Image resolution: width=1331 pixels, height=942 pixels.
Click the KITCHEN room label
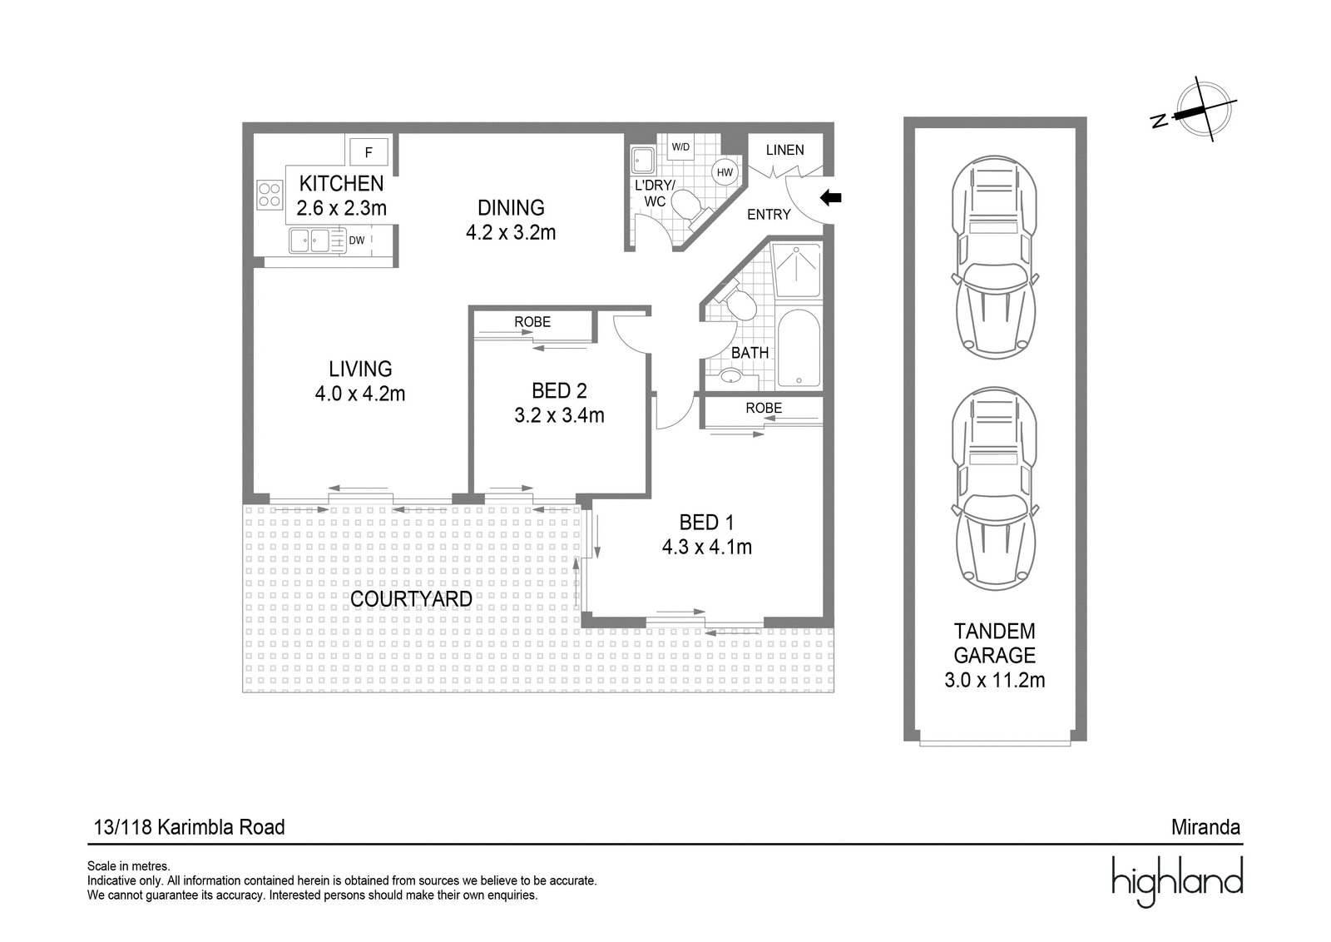tap(341, 184)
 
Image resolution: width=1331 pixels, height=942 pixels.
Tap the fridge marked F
tap(369, 152)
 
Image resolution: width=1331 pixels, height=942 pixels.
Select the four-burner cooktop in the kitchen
tap(270, 195)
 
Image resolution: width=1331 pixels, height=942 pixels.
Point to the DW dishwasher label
tap(357, 240)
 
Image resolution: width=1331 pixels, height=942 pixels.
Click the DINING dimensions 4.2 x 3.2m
tap(511, 232)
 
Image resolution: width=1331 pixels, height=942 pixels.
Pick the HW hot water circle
tap(725, 173)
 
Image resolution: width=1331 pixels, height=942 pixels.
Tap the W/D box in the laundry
tap(680, 146)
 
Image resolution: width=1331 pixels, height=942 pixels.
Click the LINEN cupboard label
tap(784, 151)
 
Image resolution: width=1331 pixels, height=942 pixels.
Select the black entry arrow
tap(831, 198)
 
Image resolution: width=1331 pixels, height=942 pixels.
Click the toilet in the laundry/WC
tap(690, 207)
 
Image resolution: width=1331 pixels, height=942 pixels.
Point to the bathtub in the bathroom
tap(799, 349)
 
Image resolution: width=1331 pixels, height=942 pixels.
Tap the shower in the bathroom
tap(796, 270)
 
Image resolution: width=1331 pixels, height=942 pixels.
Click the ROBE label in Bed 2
tap(532, 322)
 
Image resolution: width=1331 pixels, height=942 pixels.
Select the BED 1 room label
tap(706, 523)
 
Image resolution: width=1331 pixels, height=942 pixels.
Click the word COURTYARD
tap(411, 599)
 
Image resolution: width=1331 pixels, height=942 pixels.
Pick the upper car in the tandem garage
tap(995, 257)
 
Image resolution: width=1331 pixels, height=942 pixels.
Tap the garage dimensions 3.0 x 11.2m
tap(995, 680)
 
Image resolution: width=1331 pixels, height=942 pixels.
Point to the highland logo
tap(1177, 881)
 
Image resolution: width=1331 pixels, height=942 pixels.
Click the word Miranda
tap(1205, 827)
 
